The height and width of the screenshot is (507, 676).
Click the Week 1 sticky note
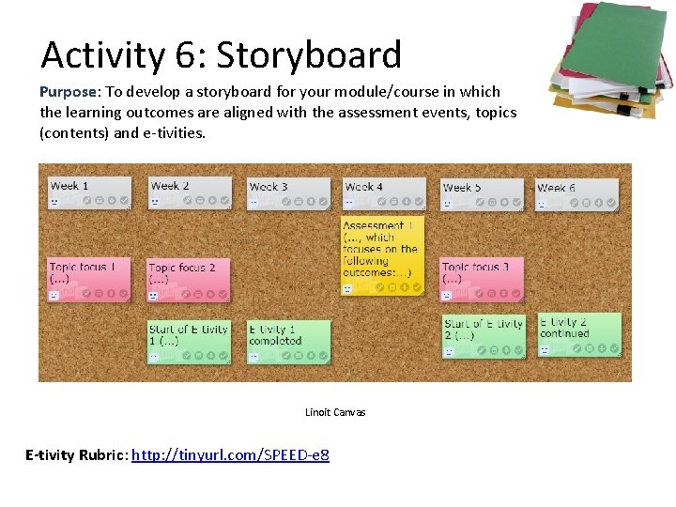pos(89,192)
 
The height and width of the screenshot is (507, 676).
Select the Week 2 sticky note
pos(190,192)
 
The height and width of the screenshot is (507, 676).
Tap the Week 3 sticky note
pos(289,193)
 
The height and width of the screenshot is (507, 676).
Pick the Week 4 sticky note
pos(384,193)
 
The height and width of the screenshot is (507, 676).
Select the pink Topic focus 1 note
pos(89,280)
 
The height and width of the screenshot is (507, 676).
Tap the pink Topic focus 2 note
pos(189,280)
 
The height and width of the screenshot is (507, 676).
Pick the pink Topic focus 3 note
pos(482,280)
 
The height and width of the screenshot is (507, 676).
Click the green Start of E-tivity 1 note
pos(190,341)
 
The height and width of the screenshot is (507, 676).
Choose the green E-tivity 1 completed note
pos(289,341)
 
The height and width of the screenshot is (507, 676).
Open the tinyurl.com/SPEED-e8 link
pos(230,455)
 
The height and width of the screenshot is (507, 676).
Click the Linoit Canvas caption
pos(335,412)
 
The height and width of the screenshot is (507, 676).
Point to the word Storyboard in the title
pos(309,55)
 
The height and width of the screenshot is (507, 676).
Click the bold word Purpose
pos(69,92)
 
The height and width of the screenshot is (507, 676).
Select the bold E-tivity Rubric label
pos(76,455)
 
